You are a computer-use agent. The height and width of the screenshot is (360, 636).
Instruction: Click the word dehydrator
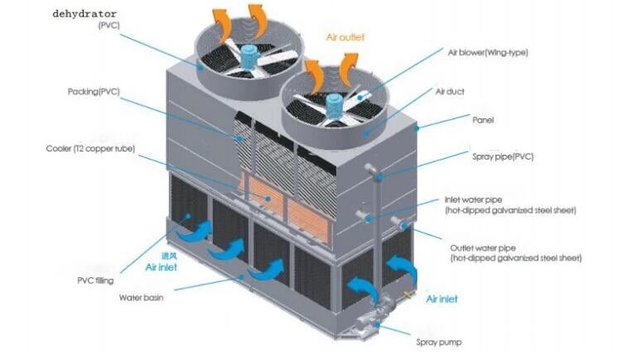coord(84,14)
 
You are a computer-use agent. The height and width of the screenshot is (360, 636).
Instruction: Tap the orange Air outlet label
coord(345,37)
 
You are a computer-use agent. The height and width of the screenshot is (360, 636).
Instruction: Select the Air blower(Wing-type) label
coord(488,53)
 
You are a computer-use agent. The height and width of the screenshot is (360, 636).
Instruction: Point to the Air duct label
coord(450,92)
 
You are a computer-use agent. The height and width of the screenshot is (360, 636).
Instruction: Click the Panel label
coord(483,120)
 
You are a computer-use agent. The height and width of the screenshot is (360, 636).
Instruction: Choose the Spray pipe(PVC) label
coord(503,156)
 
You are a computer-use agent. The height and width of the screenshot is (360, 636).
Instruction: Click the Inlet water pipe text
coord(474,200)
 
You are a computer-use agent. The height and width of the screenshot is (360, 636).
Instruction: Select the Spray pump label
coord(439,343)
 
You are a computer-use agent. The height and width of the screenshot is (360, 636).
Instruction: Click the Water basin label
coord(141,298)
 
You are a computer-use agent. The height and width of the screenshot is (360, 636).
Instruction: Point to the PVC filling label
coord(95,281)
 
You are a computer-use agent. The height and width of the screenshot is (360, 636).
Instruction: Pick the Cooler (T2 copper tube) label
coord(90,149)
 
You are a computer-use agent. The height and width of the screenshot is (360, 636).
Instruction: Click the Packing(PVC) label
coord(94,92)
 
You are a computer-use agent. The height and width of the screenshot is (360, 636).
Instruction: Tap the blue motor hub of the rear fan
coord(252,56)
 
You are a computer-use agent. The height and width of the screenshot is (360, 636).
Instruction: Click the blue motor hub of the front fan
coord(335,105)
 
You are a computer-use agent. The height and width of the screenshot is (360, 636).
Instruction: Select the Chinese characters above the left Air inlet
coord(169,256)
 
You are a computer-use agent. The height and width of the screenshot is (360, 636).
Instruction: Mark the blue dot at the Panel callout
coord(417,128)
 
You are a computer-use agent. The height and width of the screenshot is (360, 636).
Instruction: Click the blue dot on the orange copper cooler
coord(268,199)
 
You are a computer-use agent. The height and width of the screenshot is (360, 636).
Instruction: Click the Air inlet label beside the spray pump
coord(441,300)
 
